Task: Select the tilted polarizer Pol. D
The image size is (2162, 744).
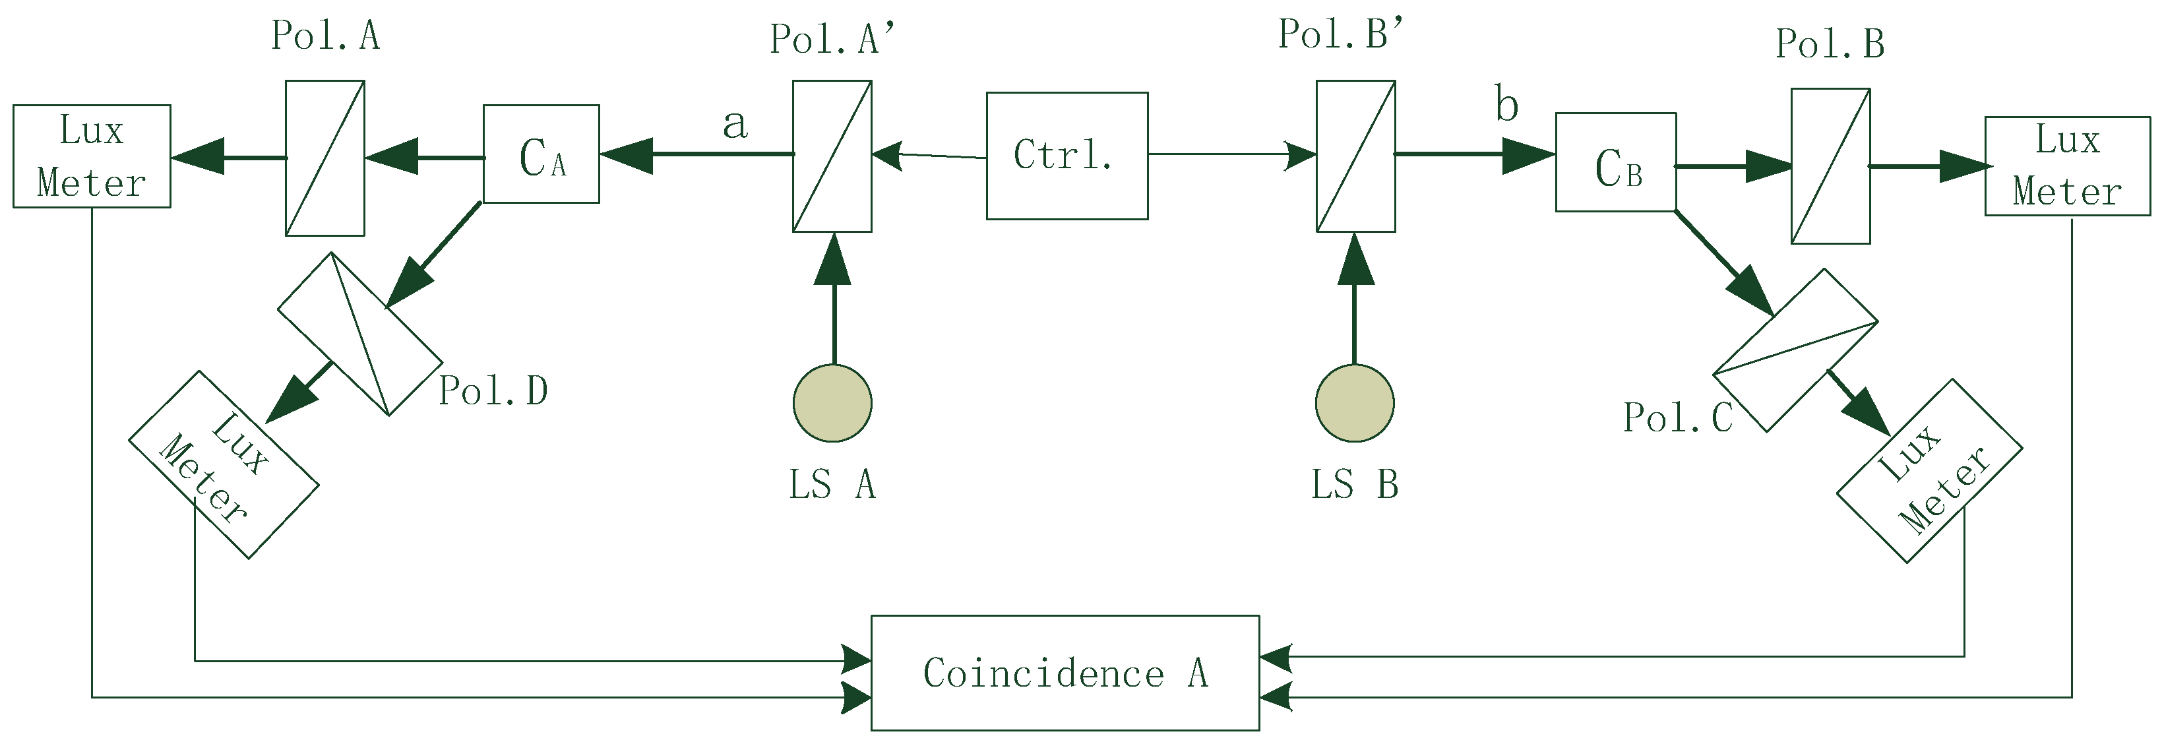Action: [360, 333]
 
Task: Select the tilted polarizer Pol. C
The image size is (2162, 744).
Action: [1795, 350]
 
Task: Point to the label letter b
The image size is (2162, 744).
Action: [1506, 104]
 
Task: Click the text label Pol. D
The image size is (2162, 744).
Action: [493, 390]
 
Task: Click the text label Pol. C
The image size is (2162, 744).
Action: [1679, 418]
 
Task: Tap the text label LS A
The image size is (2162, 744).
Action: [832, 485]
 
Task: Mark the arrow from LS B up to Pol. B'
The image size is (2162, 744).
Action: [1355, 298]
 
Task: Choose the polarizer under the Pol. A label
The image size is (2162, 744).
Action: [324, 158]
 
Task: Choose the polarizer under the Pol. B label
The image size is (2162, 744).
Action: [1830, 166]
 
